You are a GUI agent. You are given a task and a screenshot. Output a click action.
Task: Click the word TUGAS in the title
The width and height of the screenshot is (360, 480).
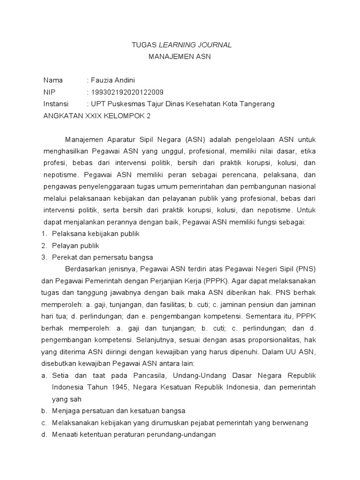click(140, 45)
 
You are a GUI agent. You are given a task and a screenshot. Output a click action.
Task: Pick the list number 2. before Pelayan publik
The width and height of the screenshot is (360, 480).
click(45, 245)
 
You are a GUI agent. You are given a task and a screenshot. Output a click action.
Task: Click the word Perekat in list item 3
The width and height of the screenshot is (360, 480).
click(64, 257)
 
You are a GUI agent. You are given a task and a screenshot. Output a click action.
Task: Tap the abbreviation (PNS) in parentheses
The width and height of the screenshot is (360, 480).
click(305, 269)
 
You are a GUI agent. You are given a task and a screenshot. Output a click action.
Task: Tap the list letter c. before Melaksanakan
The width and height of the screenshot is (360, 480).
click(45, 423)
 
